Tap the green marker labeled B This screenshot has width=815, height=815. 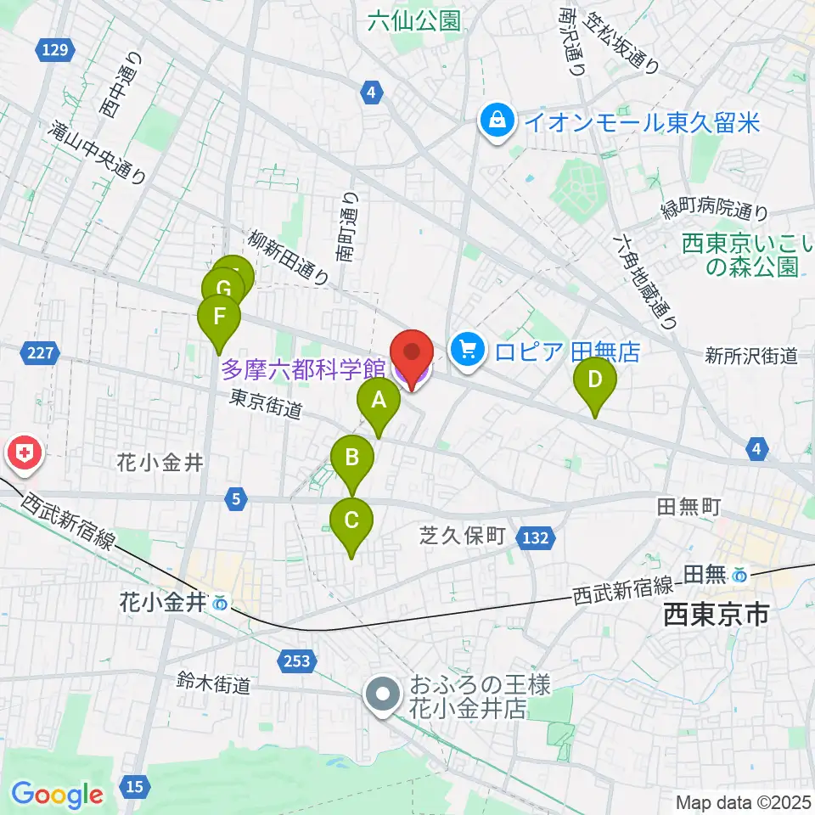pos(351,461)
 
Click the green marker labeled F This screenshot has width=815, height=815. pos(218,318)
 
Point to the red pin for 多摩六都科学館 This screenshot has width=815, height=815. pos(412,355)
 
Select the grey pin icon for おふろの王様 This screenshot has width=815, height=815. pos(383,694)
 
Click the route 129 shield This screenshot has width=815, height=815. pos(53,52)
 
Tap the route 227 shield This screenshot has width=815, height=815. pos(39,351)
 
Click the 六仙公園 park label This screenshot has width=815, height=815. pos(414,21)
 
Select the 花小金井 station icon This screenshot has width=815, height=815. pos(221,604)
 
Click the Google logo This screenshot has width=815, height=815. pos(57,795)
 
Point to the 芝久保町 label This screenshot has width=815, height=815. pos(463,536)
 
